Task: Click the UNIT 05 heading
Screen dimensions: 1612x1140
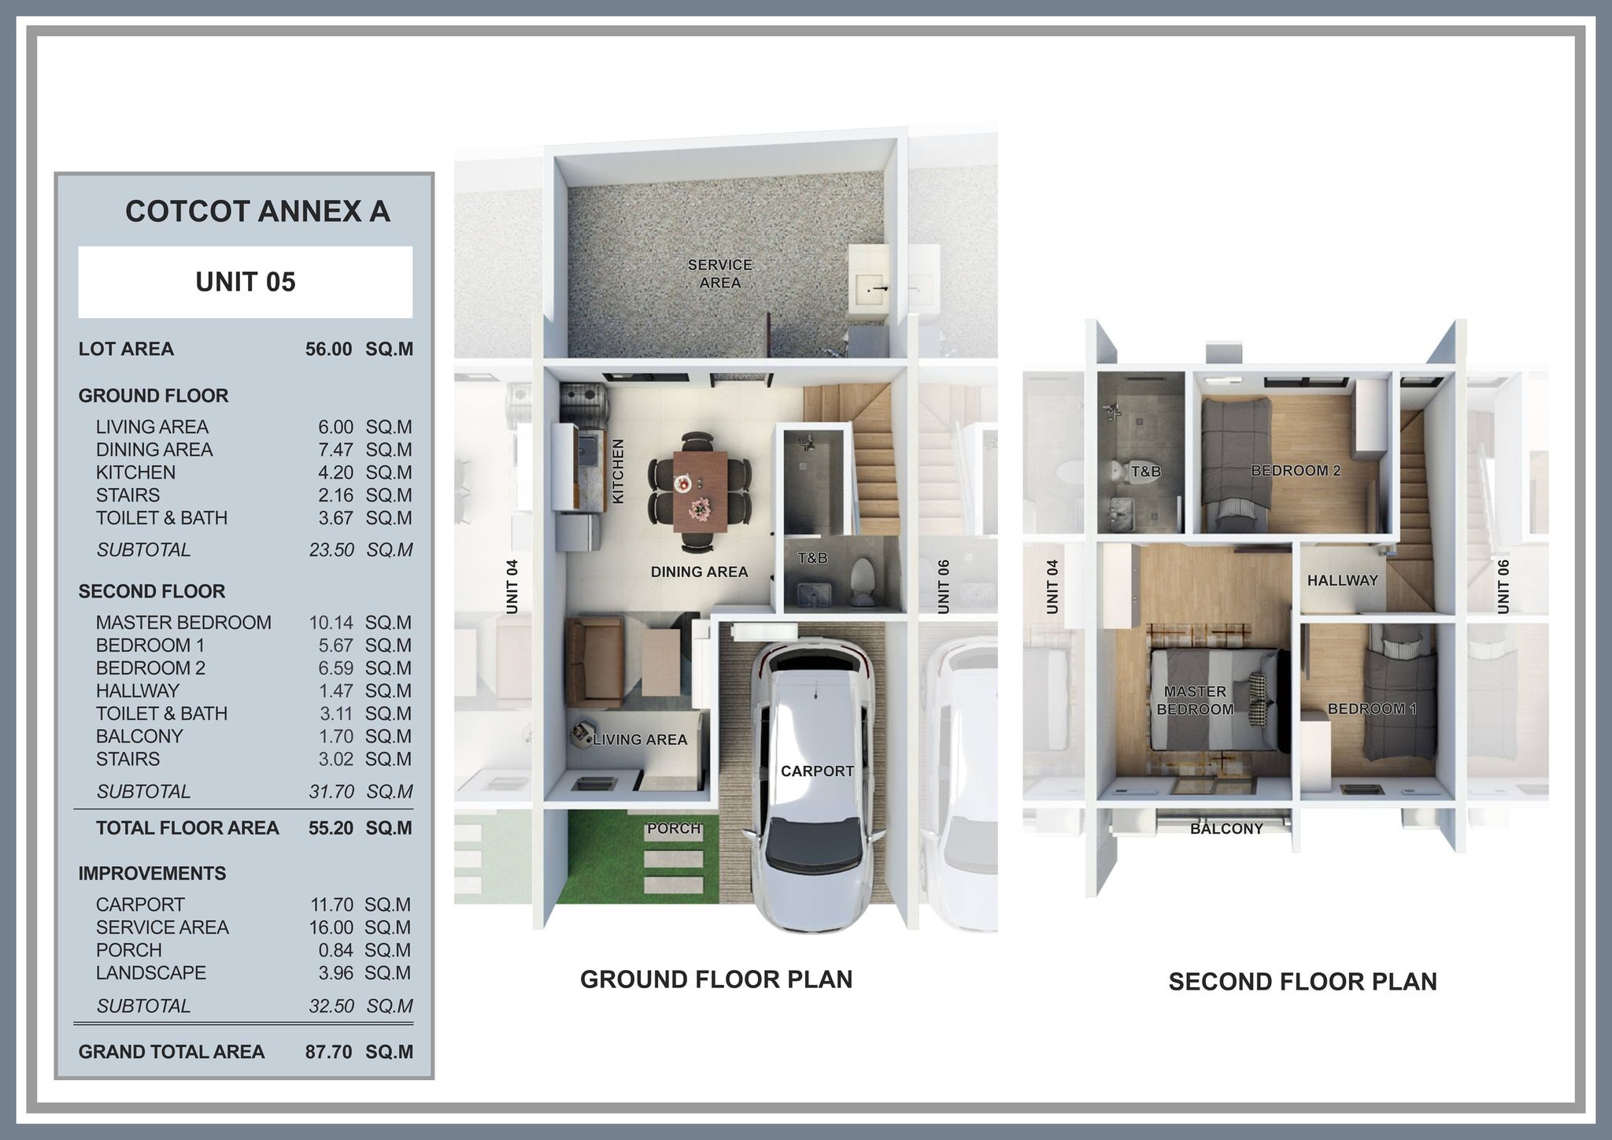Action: [246, 282]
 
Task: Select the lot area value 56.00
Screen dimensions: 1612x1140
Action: [329, 349]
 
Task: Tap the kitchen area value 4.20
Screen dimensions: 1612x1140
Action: [336, 472]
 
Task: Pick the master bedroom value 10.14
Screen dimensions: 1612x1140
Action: [331, 623]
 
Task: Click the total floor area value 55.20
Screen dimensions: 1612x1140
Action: [331, 827]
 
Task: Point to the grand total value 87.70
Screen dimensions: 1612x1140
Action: [329, 1052]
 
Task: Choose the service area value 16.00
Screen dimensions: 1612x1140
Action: [331, 927]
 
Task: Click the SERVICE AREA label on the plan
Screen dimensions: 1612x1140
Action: [720, 274]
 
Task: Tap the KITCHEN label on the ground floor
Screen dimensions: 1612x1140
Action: [618, 472]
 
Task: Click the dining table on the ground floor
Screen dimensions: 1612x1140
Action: [700, 491]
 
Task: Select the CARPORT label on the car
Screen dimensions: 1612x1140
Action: [817, 772]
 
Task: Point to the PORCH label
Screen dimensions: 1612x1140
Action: [674, 828]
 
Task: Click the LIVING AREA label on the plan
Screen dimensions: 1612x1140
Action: [640, 739]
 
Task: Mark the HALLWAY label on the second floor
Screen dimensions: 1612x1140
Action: [1343, 580]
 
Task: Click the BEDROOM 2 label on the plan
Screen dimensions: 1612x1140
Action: [1296, 471]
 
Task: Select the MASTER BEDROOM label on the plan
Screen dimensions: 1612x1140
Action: [1195, 701]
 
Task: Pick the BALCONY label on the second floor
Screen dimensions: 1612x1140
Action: [1226, 829]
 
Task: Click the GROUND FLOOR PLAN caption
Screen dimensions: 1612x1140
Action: [716, 979]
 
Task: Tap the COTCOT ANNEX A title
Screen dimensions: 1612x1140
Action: [257, 211]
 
